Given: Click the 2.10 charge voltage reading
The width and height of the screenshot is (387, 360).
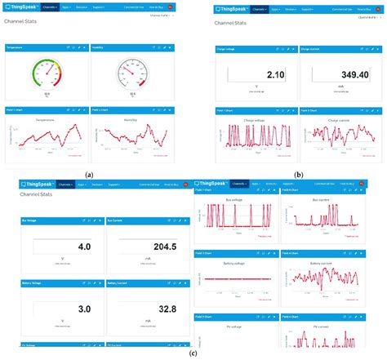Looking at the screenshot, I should (274, 74).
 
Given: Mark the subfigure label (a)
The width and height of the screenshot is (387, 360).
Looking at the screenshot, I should (89, 175).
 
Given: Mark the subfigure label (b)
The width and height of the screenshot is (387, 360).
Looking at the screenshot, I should (299, 175).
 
